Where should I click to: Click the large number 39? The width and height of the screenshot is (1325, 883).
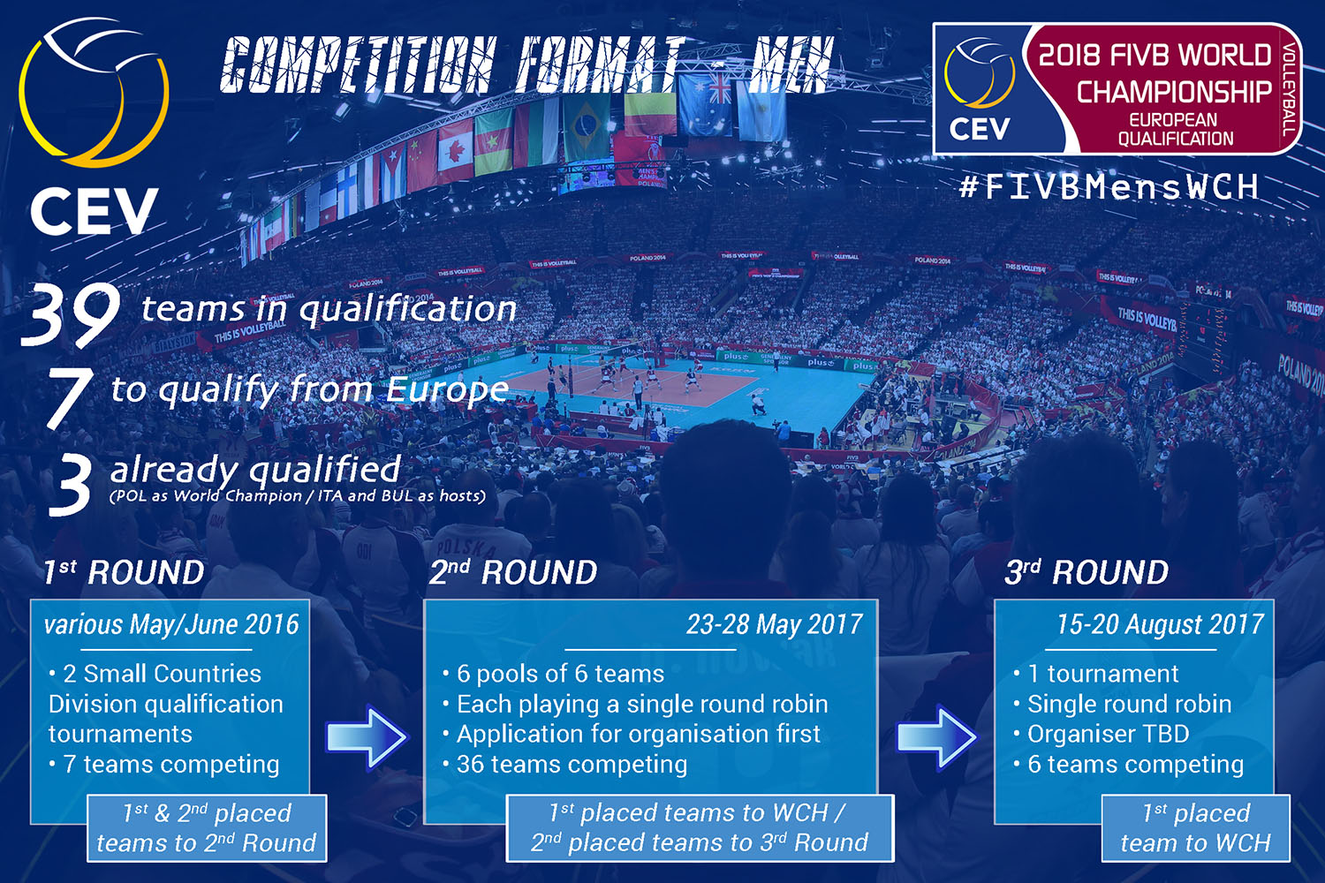coord(71,313)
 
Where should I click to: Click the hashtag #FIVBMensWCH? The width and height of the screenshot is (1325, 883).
coord(1109,187)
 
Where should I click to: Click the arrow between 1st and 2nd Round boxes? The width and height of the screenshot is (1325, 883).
coord(367,737)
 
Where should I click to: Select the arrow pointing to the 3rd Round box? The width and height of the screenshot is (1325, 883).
coord(937,737)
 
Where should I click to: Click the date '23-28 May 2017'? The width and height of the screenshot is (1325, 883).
coord(774,624)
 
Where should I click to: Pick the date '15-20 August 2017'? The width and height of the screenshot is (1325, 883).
coord(1160,624)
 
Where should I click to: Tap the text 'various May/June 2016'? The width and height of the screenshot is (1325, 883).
coord(171,624)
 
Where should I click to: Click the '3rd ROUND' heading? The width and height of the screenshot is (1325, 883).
coord(1086,572)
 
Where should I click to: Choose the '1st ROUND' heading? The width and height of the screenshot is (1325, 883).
coord(124,572)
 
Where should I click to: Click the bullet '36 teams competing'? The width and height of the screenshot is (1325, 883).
coord(565,764)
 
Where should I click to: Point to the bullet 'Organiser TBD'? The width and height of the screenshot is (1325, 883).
coord(1102,734)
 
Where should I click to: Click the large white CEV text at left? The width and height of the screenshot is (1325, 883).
coord(94,211)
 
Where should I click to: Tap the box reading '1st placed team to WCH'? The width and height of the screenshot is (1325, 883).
coord(1195,828)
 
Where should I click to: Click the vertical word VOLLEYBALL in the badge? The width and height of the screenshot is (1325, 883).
coord(1290,88)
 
